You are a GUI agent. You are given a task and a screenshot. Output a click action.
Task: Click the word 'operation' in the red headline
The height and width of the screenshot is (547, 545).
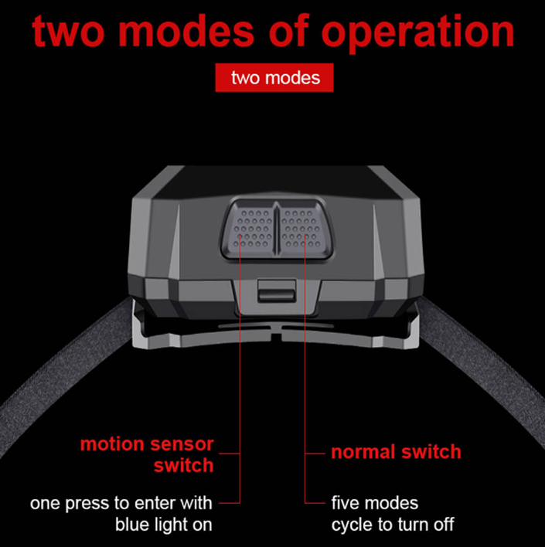coord(417,32)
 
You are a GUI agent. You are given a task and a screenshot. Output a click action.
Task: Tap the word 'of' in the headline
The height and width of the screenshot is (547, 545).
coord(289,30)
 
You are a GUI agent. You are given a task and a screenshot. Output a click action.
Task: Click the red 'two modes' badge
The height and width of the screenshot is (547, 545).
coord(274,77)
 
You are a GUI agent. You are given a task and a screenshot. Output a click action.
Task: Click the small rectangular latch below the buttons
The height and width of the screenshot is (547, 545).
coord(277,290)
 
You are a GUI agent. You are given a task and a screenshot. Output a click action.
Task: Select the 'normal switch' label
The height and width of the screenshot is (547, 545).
coord(396,452)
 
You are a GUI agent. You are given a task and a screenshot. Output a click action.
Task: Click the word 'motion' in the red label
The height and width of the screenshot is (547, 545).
coord(112,444)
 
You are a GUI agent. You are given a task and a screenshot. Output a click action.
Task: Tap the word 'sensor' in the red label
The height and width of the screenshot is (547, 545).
coord(182,444)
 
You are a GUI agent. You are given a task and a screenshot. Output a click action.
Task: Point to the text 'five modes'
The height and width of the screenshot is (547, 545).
coord(375,503)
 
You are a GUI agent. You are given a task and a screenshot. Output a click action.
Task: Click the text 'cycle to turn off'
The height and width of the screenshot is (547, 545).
coord(393,525)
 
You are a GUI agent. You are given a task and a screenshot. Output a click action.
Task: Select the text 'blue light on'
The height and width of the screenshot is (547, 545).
coord(164,525)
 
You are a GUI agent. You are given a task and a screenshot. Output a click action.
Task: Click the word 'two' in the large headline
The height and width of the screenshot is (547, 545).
coord(69,32)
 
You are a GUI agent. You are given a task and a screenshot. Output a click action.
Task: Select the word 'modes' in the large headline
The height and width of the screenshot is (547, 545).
coord(186,31)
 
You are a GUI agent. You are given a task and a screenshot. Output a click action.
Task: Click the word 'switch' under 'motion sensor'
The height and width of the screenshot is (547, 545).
coord(184,465)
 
